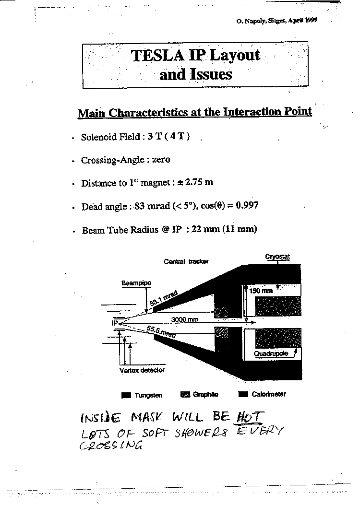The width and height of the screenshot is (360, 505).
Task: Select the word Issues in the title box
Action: point(211,74)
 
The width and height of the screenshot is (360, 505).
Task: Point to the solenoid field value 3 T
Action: point(155,137)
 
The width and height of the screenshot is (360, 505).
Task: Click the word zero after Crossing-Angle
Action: point(161,160)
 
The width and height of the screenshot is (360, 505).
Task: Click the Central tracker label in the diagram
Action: point(186,261)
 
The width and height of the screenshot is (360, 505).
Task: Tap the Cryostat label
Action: point(277,257)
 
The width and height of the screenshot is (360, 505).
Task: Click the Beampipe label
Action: point(136,283)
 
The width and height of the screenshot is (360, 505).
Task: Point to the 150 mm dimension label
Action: point(261,291)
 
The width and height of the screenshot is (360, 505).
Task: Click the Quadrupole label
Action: point(271,353)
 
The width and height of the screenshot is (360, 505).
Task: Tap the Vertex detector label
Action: point(142,370)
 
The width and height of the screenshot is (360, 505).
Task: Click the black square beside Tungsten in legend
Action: point(126,395)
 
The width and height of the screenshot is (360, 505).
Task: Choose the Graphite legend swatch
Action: point(185,395)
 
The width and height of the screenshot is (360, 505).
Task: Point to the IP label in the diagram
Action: point(115,322)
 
